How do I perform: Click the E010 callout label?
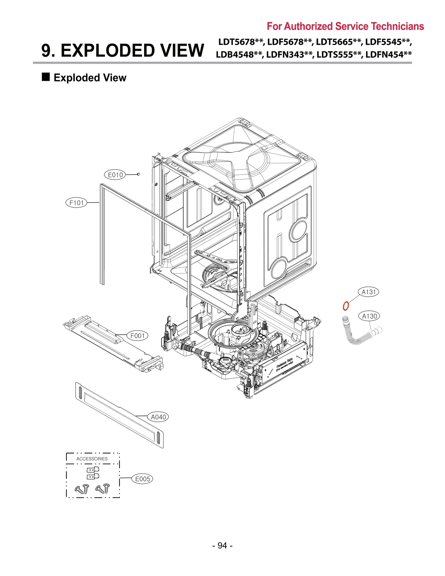point(115,175)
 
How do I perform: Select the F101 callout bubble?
point(76,203)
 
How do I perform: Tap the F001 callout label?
point(137,336)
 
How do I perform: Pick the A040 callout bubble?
point(158,417)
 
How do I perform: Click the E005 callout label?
point(142,479)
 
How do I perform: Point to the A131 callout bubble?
point(368,292)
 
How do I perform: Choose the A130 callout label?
point(369,316)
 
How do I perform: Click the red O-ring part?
point(345,306)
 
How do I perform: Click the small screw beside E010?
point(139,174)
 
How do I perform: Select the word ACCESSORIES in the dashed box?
point(92,459)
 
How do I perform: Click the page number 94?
point(222,545)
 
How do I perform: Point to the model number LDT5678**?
point(241,42)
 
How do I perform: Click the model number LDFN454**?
point(388,54)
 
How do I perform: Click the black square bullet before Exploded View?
point(46,77)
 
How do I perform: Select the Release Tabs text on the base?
point(284,364)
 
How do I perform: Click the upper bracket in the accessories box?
point(93,469)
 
